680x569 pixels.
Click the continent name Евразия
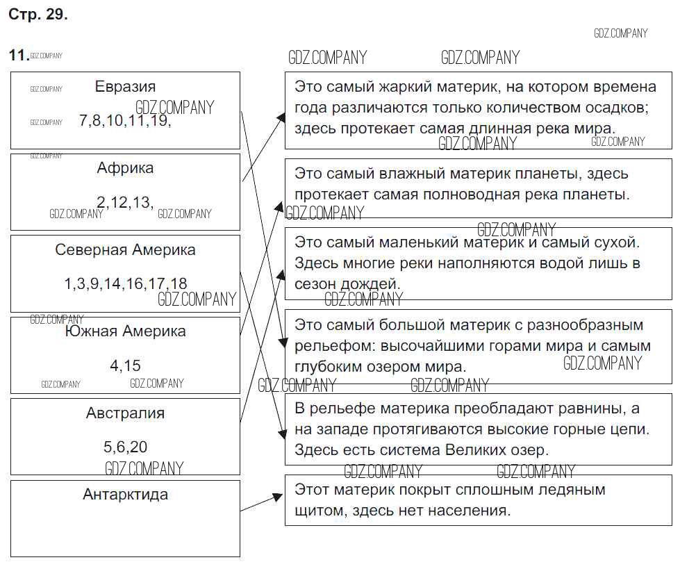[x=125, y=87]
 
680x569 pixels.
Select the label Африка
[x=125, y=168]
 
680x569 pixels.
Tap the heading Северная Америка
[x=125, y=250]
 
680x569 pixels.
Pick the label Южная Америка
[x=125, y=331]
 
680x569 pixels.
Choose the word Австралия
[x=125, y=413]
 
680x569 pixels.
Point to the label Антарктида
[x=125, y=495]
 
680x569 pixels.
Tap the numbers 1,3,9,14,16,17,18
[x=125, y=283]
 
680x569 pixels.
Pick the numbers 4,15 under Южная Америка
[x=125, y=365]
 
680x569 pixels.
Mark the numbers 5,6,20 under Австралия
[x=125, y=447]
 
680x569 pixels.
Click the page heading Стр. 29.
[x=38, y=15]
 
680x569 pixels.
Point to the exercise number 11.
[x=18, y=56]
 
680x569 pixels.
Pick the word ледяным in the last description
[x=571, y=490]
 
